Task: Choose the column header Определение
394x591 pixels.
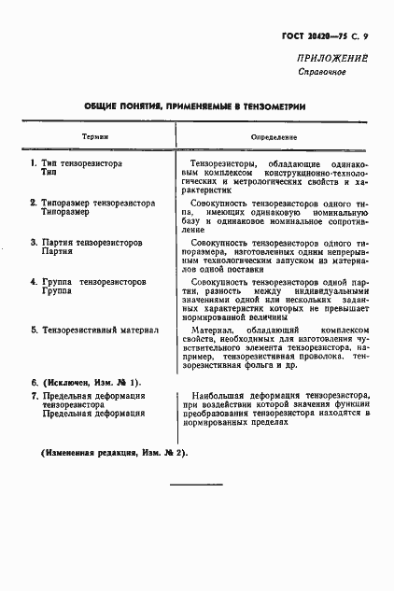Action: tap(274, 136)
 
